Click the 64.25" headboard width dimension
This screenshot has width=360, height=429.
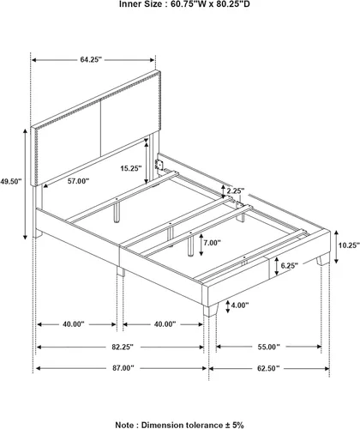(91, 59)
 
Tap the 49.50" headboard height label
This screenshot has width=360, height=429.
(11, 181)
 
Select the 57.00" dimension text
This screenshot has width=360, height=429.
(78, 181)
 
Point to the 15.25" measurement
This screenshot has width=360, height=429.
(131, 168)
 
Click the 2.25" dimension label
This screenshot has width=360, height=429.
(236, 190)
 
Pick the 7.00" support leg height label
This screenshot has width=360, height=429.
(212, 243)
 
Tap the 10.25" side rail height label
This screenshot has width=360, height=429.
(349, 245)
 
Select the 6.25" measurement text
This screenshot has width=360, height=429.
(290, 266)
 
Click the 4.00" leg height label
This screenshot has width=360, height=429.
(240, 305)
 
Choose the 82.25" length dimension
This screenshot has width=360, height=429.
(123, 347)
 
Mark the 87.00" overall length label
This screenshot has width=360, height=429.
(123, 368)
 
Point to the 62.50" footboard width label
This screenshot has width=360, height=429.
(268, 368)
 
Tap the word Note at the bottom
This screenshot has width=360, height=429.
(124, 425)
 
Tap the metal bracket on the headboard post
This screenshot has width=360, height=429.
(159, 166)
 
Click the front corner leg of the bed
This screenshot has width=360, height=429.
(211, 310)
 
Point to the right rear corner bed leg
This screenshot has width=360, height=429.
(323, 260)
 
